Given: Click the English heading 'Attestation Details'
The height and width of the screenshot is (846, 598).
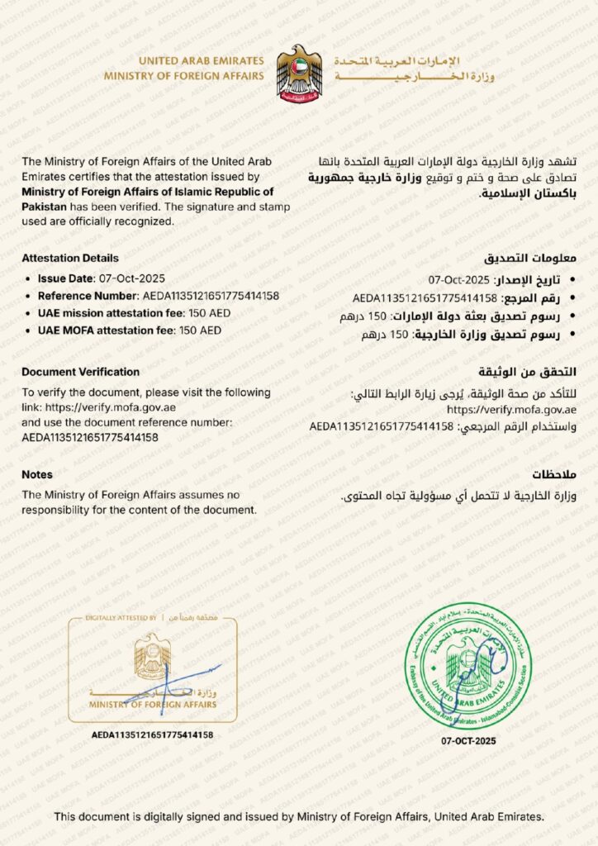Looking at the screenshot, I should (x=70, y=259).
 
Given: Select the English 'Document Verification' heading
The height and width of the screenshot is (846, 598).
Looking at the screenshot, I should (x=81, y=373).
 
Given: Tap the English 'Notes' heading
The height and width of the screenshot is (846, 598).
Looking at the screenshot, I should (x=37, y=475).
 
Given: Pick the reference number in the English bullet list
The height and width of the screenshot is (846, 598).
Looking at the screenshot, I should (x=211, y=296).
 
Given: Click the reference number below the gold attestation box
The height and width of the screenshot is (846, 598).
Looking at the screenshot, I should (x=153, y=734).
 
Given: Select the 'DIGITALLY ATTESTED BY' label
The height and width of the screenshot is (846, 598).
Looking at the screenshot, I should (x=121, y=618).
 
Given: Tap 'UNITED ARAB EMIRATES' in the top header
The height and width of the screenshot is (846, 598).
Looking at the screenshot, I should (x=201, y=61).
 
